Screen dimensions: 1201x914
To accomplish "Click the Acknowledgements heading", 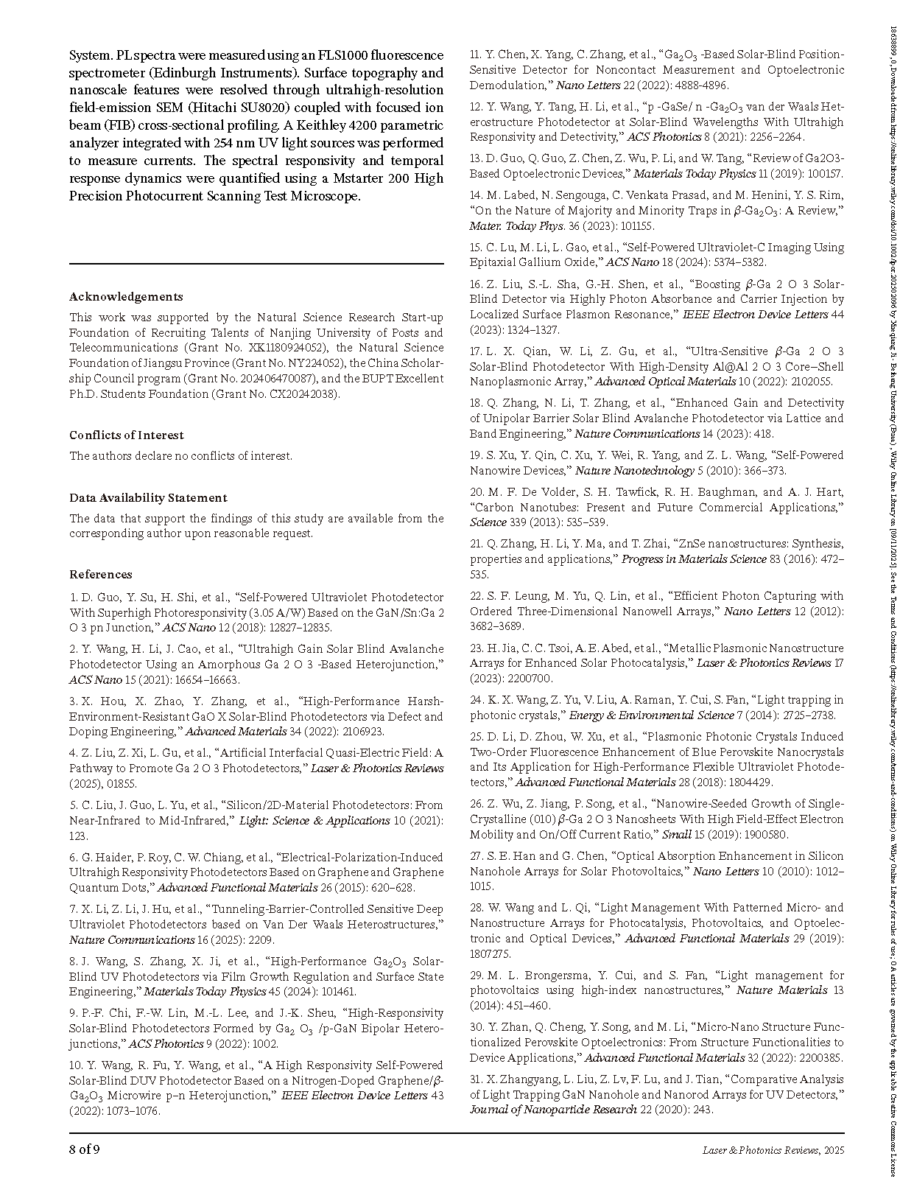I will [x=126, y=297].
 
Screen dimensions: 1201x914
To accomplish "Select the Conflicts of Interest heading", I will [x=127, y=435].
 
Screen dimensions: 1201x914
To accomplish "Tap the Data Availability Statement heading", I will [x=148, y=498].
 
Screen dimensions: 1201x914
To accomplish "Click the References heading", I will [x=101, y=575].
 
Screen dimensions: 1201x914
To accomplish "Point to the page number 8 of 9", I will [x=85, y=1149].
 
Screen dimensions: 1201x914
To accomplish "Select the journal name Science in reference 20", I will [x=486, y=522].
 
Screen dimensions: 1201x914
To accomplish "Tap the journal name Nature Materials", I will [x=781, y=991].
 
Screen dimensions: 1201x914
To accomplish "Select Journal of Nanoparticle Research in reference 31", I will [x=553, y=1110].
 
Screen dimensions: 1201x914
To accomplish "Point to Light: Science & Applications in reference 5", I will [x=314, y=821].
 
